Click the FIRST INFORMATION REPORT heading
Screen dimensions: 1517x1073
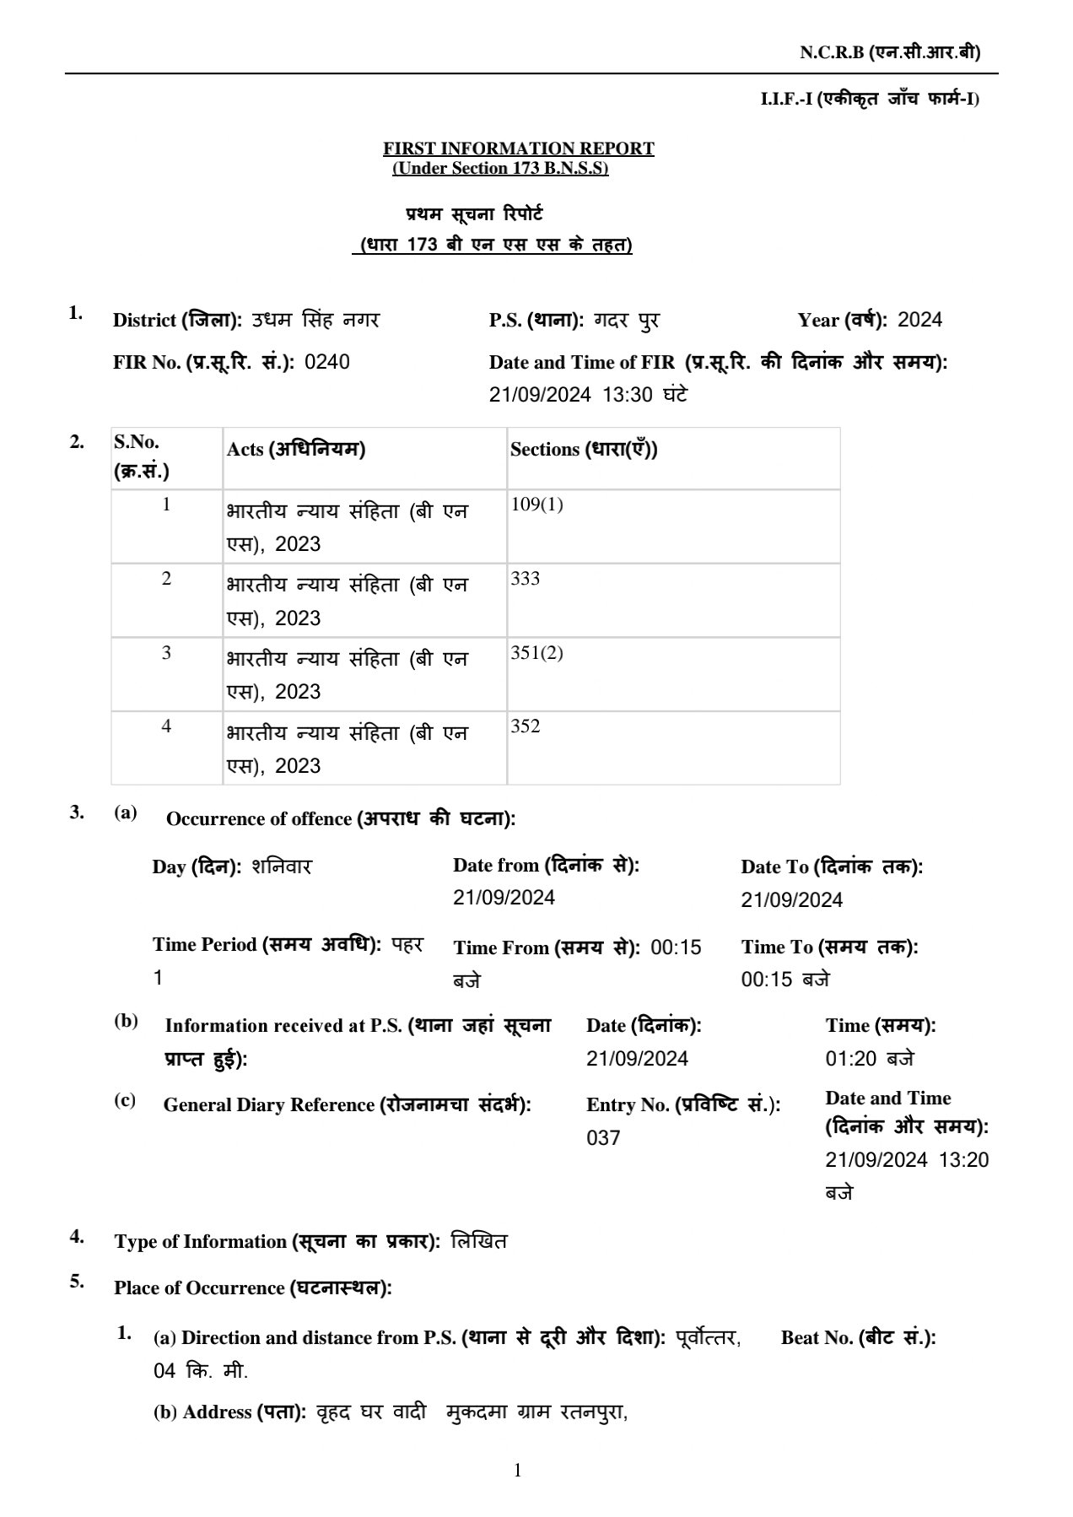point(518,148)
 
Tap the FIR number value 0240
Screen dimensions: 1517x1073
point(326,362)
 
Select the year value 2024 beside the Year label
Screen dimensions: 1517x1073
point(919,320)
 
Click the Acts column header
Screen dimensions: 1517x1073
point(295,450)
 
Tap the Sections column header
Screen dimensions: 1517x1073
point(584,450)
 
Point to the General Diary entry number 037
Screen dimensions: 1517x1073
point(603,1138)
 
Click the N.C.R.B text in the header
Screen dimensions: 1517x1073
point(832,52)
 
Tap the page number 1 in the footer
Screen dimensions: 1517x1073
point(517,1471)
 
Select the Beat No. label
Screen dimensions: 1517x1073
point(858,1337)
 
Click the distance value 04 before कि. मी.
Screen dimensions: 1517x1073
point(164,1371)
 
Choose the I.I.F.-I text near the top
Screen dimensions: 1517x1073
point(786,100)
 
